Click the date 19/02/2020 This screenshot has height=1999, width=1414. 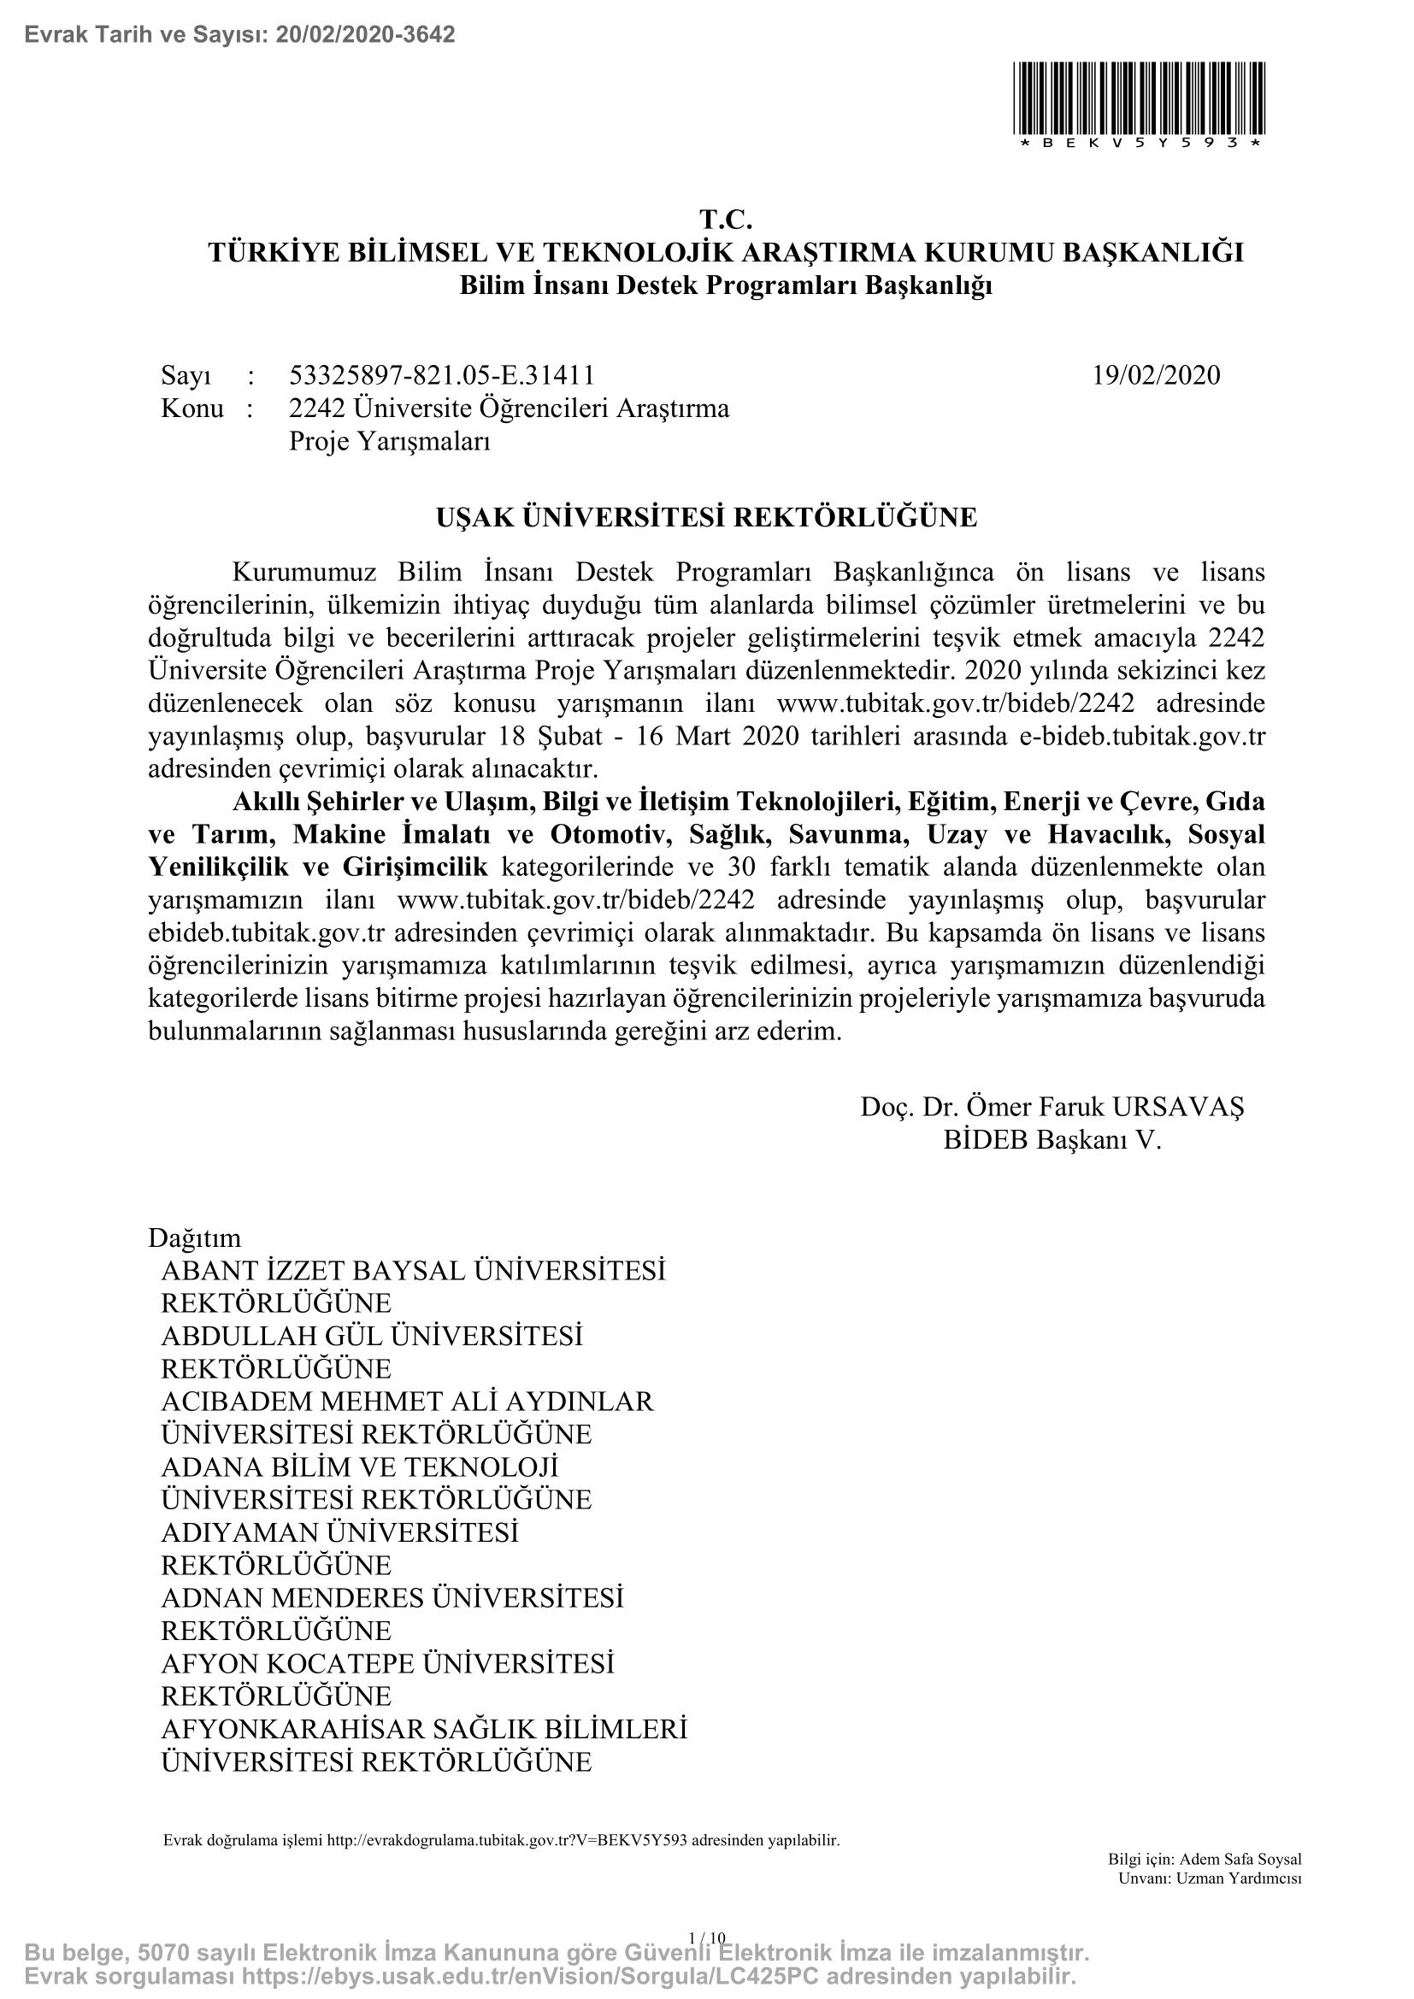pyautogui.click(x=1157, y=375)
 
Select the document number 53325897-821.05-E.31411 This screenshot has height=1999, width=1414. pyautogui.click(x=441, y=375)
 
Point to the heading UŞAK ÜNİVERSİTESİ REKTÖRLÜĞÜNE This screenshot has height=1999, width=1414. pyautogui.click(x=706, y=518)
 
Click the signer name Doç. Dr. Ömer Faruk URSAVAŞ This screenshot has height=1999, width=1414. pyautogui.click(x=1052, y=1107)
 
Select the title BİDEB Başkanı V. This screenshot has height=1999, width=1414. pyautogui.click(x=1052, y=1141)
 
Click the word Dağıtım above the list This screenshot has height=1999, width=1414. pyautogui.click(x=195, y=1238)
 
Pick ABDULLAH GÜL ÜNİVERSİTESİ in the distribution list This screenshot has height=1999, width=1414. pyautogui.click(x=372, y=1337)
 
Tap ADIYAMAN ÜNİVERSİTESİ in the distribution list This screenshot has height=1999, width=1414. pyautogui.click(x=339, y=1533)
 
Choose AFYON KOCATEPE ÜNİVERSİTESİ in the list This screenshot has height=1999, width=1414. pyautogui.click(x=387, y=1664)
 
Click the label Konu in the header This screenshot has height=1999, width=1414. pyautogui.click(x=192, y=409)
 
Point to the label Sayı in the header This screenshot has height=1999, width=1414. pyautogui.click(x=186, y=375)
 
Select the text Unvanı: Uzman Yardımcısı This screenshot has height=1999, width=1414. pyautogui.click(x=1210, y=1878)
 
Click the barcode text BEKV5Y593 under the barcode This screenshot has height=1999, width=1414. pyautogui.click(x=1140, y=143)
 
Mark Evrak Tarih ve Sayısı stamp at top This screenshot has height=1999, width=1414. pyautogui.click(x=240, y=35)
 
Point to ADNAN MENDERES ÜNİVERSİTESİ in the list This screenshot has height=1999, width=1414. pyautogui.click(x=392, y=1598)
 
